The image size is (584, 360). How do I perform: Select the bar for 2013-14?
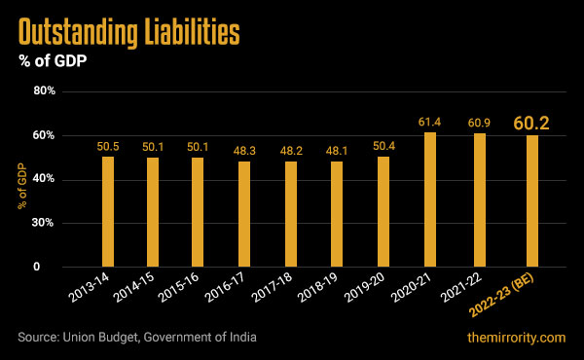point(108,211)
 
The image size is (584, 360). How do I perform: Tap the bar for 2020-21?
point(430,199)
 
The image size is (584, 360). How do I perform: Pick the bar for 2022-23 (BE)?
point(531,200)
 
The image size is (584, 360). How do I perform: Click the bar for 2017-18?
point(291,214)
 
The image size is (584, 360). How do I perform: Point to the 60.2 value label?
point(532,124)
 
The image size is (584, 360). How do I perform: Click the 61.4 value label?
point(430,121)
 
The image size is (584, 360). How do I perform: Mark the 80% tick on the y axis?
point(46,91)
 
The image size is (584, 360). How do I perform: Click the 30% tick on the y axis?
point(46,223)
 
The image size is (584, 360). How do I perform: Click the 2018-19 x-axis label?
point(320,293)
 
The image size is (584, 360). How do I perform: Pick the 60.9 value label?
point(477,123)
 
